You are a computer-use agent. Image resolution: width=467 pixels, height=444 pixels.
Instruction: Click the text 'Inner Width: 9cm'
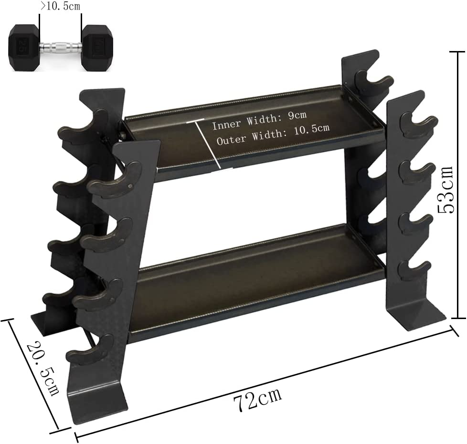[x=259, y=125]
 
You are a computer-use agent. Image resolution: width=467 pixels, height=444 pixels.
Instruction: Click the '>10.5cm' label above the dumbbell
[x=61, y=6]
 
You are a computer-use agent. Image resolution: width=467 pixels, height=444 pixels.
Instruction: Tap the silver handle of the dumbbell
[x=60, y=48]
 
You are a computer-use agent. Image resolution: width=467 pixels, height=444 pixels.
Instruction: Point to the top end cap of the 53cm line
[x=457, y=52]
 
